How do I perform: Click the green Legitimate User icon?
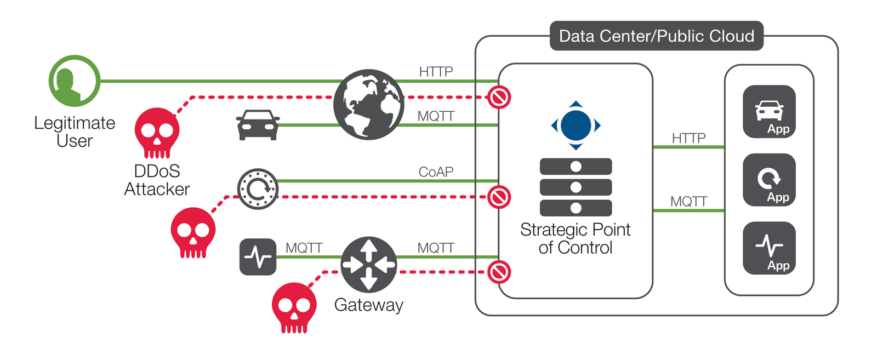point(75,81)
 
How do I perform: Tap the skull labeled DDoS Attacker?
point(157,133)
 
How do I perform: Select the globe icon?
point(368,104)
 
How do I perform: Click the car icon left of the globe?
point(258,125)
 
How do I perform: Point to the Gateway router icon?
point(368,264)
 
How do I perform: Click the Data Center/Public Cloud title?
point(656,36)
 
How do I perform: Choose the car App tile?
point(769,112)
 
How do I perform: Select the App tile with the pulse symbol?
point(769,248)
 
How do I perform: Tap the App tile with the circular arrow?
point(769,180)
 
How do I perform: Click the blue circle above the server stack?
point(576,125)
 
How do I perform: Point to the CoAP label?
point(436,172)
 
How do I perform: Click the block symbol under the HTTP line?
point(499,98)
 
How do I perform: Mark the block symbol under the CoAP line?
point(499,197)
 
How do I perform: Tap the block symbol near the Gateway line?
point(499,272)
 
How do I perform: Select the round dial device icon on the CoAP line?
point(258,189)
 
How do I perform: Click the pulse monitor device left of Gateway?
point(258,256)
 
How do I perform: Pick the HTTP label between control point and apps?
point(688,138)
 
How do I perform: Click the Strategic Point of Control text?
point(575,238)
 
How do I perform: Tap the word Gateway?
point(368,305)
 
